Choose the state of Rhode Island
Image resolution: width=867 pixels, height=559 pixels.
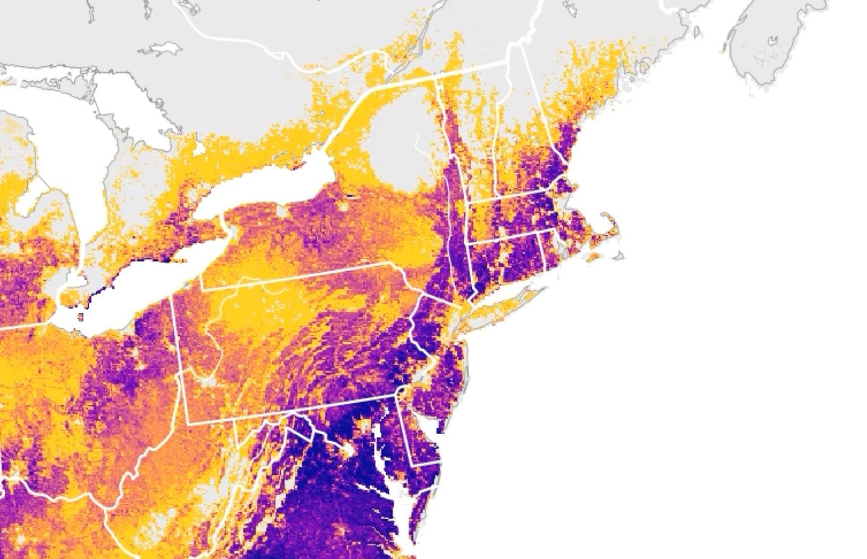click(548, 247)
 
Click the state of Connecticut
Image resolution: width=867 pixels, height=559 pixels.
click(505, 255)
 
